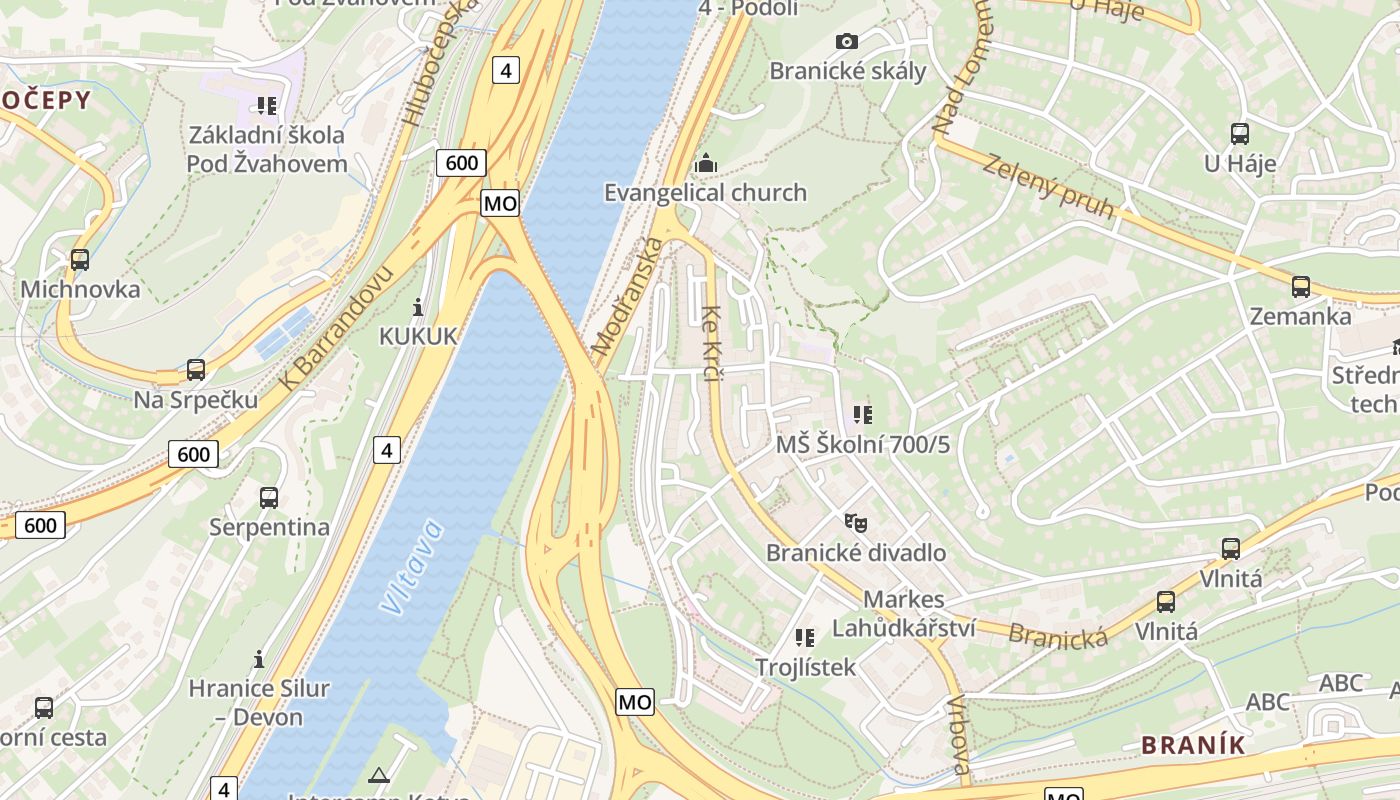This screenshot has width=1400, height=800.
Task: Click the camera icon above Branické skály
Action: coord(846,41)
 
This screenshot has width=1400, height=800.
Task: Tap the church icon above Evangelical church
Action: coord(706,163)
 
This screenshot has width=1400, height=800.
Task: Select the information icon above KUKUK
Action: coord(418,307)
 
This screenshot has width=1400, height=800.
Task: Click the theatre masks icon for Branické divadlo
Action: coord(855,522)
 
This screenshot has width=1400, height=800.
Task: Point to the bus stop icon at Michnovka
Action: coord(80,260)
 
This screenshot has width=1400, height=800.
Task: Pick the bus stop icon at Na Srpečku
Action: coord(196,370)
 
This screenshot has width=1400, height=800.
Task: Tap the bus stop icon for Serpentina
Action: coord(269,497)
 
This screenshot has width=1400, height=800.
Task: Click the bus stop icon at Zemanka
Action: coord(1301,287)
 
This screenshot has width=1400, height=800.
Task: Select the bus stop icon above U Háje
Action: coord(1240,133)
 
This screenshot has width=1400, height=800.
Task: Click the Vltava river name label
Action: coord(411,566)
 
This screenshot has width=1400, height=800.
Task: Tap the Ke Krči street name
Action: coord(712,343)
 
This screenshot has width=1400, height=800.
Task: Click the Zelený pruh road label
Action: coord(1048,186)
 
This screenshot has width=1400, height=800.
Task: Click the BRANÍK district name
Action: coord(1194,745)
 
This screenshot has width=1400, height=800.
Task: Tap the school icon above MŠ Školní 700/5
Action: coord(862,414)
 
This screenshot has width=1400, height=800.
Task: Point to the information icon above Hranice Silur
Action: coord(259,659)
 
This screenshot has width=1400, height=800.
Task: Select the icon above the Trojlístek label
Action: coord(805,637)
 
